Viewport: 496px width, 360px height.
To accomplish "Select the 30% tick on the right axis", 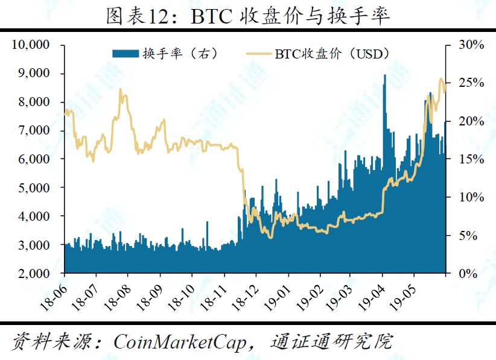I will click(x=470, y=45).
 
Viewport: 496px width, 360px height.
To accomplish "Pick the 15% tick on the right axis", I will click(x=470, y=159).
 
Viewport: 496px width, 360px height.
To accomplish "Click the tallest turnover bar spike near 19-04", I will click(x=385, y=75).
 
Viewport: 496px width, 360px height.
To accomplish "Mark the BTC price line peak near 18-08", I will click(x=120, y=89).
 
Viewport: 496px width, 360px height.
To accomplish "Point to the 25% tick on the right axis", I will click(x=470, y=83).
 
